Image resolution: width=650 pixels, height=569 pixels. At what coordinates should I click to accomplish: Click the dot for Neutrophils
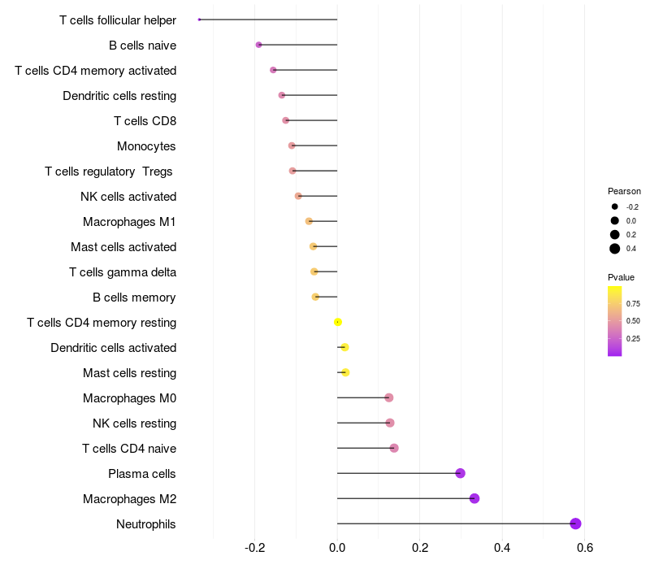pyautogui.click(x=575, y=523)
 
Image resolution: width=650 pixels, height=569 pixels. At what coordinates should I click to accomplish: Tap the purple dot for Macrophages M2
pyautogui.click(x=474, y=498)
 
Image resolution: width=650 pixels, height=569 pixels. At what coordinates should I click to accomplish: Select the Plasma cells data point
pyautogui.click(x=461, y=473)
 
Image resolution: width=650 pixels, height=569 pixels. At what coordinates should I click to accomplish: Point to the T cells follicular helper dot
pyautogui.click(x=199, y=20)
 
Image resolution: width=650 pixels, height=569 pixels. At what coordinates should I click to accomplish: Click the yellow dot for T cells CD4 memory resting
pyautogui.click(x=338, y=322)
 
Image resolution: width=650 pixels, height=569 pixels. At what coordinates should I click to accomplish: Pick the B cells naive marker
pyautogui.click(x=258, y=45)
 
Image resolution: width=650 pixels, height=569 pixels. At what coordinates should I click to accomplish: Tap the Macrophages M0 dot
pyautogui.click(x=389, y=397)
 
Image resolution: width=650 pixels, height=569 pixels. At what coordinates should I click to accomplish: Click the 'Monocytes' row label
pyautogui.click(x=146, y=146)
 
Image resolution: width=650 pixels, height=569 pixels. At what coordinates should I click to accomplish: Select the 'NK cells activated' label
pyautogui.click(x=128, y=197)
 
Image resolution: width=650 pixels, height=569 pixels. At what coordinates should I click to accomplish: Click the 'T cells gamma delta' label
pyautogui.click(x=123, y=272)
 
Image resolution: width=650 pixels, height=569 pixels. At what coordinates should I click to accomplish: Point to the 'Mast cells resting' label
pyautogui.click(x=129, y=373)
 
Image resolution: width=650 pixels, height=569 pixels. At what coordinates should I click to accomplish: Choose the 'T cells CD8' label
pyautogui.click(x=145, y=121)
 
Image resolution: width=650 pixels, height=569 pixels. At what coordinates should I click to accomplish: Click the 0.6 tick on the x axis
pyautogui.click(x=584, y=548)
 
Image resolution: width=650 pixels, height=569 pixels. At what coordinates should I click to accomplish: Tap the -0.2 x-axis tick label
pyautogui.click(x=255, y=548)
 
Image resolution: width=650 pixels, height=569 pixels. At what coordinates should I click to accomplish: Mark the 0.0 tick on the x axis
pyautogui.click(x=337, y=548)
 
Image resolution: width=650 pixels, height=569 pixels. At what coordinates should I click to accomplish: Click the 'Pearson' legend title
pyautogui.click(x=624, y=191)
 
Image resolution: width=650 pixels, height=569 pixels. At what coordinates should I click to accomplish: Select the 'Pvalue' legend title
pyautogui.click(x=622, y=277)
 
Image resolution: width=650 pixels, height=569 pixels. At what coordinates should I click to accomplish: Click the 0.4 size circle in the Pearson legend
pyautogui.click(x=615, y=249)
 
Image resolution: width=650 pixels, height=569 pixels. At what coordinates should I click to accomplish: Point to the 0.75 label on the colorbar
pyautogui.click(x=633, y=304)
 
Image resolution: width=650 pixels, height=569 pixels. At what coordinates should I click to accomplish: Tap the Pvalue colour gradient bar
pyautogui.click(x=615, y=320)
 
